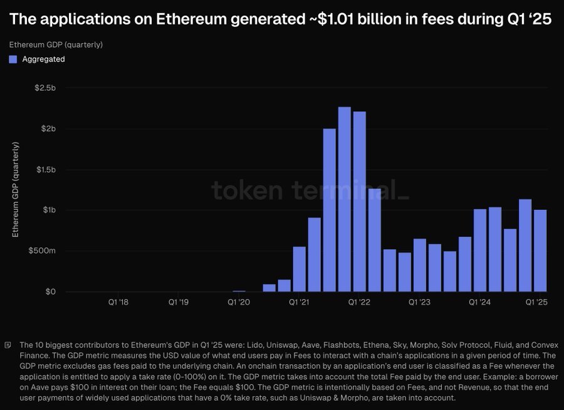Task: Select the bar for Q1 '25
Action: pos(540,251)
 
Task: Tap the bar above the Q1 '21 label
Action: pos(300,269)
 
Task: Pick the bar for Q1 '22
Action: pos(359,201)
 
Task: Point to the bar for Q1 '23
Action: pos(419,265)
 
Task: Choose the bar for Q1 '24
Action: pos(480,250)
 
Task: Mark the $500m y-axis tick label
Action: pos(43,251)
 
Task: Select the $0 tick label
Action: pos(50,292)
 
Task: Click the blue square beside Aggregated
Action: pos(13,60)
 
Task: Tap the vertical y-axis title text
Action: pos(16,189)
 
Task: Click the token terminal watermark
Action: pos(310,189)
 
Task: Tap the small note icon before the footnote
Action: pos(8,345)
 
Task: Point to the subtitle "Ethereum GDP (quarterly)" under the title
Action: pos(56,45)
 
